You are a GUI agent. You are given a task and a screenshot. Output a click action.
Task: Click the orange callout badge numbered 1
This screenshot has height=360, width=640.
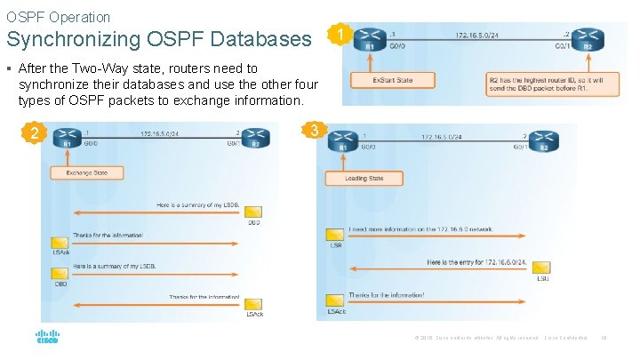point(336,36)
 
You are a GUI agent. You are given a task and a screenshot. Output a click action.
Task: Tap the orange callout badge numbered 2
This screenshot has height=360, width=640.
point(34,134)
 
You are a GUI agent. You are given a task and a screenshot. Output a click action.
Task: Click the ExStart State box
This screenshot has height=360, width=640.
point(380,81)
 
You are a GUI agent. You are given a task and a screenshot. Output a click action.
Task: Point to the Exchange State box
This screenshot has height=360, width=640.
point(86,172)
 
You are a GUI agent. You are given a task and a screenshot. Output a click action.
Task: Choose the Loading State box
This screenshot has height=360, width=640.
point(364,178)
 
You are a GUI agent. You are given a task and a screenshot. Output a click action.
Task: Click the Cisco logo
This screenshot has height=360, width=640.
point(47,337)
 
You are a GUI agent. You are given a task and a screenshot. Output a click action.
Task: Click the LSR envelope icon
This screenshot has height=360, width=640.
point(336,236)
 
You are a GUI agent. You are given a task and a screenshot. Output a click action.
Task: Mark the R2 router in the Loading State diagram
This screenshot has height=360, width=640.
point(544,144)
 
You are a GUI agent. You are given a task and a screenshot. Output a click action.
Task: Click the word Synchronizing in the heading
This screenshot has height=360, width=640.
point(63,39)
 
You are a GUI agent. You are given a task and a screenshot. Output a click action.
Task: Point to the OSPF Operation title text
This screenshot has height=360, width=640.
point(59,17)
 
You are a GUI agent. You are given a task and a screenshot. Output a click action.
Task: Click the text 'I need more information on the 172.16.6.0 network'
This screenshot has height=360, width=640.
point(420,229)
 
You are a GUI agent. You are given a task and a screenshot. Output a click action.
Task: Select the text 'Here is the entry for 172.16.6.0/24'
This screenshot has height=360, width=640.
point(477,262)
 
